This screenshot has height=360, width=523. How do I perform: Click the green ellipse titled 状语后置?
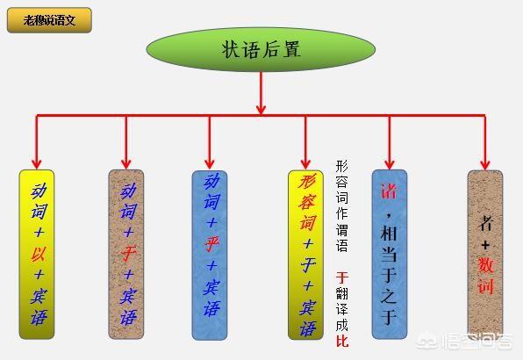261,49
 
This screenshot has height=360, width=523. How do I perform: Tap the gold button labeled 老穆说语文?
49,20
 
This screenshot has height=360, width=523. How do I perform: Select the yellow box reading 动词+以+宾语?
37,255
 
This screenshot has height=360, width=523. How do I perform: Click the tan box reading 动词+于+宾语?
126,255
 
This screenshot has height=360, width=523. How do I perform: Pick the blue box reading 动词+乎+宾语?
210,256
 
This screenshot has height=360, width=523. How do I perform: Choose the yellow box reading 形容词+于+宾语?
305,256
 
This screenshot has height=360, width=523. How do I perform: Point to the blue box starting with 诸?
390,255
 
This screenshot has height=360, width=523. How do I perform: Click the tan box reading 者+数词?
485,255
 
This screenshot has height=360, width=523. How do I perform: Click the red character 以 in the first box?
39,255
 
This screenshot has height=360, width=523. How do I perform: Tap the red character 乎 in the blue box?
211,244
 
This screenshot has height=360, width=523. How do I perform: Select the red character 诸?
389,191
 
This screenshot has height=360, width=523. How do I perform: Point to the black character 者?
485,223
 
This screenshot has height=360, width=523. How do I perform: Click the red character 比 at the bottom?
342,341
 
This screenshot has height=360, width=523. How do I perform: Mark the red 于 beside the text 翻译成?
342,277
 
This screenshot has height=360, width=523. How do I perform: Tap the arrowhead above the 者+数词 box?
485,164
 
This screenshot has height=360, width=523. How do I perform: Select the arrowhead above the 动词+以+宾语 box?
37,164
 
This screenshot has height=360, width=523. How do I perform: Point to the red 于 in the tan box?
128,255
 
